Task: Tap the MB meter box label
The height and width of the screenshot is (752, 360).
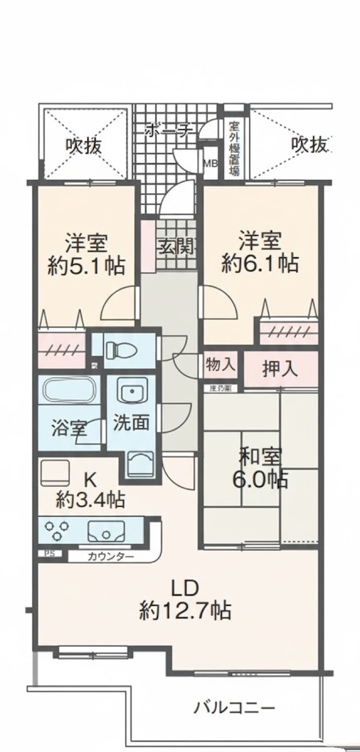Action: pyautogui.click(x=209, y=164)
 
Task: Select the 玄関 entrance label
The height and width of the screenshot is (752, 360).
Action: pyautogui.click(x=175, y=246)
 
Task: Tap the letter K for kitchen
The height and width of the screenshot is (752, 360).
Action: pyautogui.click(x=89, y=478)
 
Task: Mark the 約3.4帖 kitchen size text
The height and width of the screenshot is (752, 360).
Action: pyautogui.click(x=90, y=501)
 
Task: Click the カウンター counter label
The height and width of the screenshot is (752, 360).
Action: pyautogui.click(x=111, y=557)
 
